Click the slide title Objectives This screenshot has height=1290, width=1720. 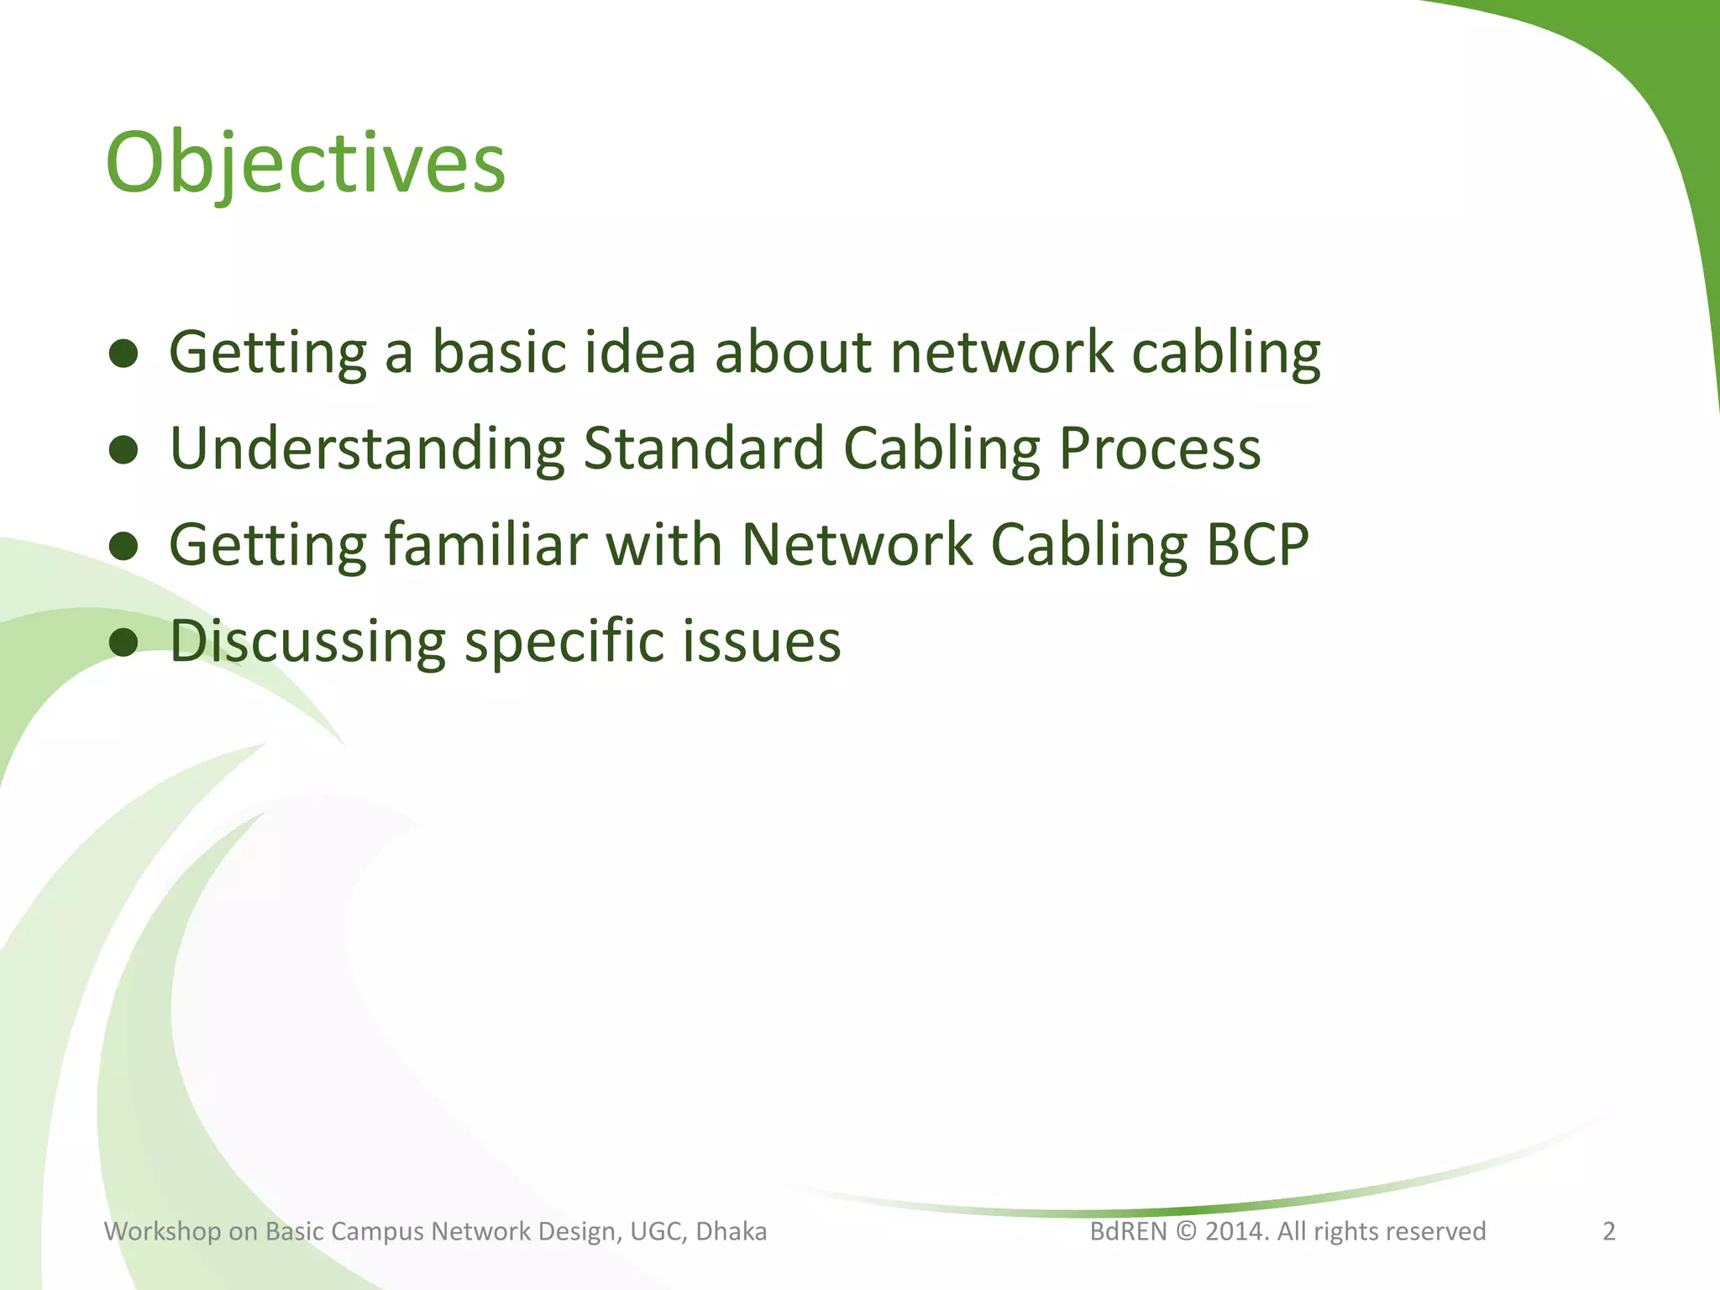(306, 164)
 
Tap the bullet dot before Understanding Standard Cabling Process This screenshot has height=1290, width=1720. (123, 449)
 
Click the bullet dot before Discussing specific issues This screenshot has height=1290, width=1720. (123, 642)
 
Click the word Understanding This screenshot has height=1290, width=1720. (367, 449)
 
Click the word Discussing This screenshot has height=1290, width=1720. (307, 642)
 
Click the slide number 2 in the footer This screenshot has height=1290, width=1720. (1609, 1231)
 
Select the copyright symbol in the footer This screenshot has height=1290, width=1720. (1186, 1232)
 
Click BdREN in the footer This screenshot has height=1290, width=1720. (1128, 1231)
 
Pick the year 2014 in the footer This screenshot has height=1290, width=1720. (1235, 1231)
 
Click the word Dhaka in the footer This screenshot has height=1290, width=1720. (732, 1231)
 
